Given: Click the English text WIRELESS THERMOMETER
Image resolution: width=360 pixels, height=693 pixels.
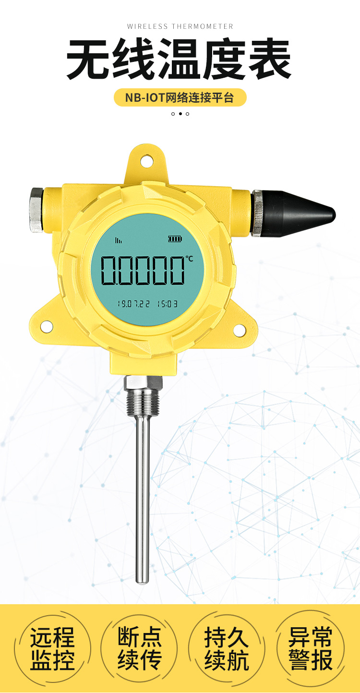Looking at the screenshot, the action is [x=180, y=26].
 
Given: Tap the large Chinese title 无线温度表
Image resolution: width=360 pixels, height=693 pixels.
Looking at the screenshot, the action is [x=179, y=59].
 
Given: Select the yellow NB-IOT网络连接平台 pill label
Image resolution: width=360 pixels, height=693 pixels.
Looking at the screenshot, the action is [x=180, y=97].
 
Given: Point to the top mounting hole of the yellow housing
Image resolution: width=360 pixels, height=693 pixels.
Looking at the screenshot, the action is [x=147, y=161].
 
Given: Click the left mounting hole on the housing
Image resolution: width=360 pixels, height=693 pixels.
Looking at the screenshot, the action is [x=47, y=326].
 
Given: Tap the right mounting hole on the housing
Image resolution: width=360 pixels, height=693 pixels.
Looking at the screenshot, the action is [x=239, y=330].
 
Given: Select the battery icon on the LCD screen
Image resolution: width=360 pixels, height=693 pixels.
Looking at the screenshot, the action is [x=175, y=239].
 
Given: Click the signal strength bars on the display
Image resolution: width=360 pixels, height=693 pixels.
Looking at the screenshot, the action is [x=118, y=240].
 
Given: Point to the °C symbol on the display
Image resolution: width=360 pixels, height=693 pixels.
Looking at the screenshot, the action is [x=189, y=258].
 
